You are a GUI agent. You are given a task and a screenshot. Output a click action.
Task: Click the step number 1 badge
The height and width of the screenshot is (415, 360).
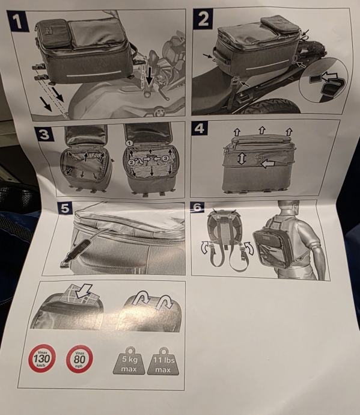click(x=17, y=21)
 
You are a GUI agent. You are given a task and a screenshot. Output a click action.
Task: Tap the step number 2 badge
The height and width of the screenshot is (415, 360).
click(x=203, y=19)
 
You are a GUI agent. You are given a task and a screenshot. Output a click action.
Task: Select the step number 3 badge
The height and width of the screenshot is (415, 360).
click(x=44, y=134)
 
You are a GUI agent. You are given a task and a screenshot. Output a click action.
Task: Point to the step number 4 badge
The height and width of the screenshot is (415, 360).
click(x=200, y=128)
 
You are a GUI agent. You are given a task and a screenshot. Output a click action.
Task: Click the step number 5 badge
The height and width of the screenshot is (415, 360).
click(x=65, y=208)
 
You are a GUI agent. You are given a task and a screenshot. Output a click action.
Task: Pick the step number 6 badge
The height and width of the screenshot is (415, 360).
click(x=198, y=207)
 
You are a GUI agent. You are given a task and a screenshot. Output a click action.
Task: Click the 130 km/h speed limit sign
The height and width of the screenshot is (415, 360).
click(x=42, y=358)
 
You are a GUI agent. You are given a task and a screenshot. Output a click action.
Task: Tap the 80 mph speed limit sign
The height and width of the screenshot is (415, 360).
click(x=79, y=359)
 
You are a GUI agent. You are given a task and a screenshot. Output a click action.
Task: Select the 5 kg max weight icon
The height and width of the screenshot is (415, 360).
click(x=129, y=361)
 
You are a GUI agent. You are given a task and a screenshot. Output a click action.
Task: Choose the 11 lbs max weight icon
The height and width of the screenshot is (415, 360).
click(x=163, y=361)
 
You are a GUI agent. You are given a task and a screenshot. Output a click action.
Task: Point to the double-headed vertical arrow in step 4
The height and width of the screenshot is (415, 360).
click(x=242, y=159)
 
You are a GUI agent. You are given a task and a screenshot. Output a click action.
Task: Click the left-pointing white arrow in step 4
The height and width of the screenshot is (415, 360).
click(x=267, y=164)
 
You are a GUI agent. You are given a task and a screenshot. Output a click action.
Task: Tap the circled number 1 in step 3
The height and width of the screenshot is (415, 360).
click(x=129, y=143)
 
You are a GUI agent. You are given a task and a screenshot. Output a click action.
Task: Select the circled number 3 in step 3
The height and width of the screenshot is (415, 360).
click(x=165, y=158)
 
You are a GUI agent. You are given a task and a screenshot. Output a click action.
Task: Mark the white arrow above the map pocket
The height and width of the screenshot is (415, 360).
click(x=83, y=291)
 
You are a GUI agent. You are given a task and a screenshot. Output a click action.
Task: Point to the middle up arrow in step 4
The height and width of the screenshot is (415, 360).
click(x=261, y=130)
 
